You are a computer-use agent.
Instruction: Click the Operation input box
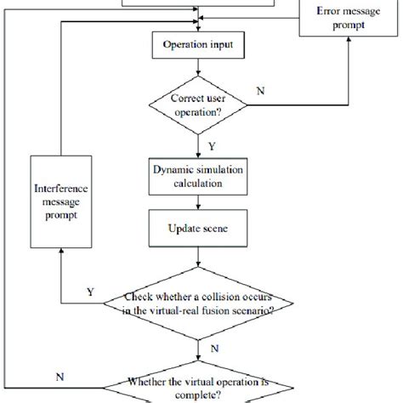click(198, 42)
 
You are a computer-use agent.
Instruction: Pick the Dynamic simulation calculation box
click(198, 175)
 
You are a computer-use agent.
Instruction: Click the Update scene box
click(198, 230)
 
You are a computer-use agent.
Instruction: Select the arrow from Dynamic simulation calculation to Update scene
click(198, 204)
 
